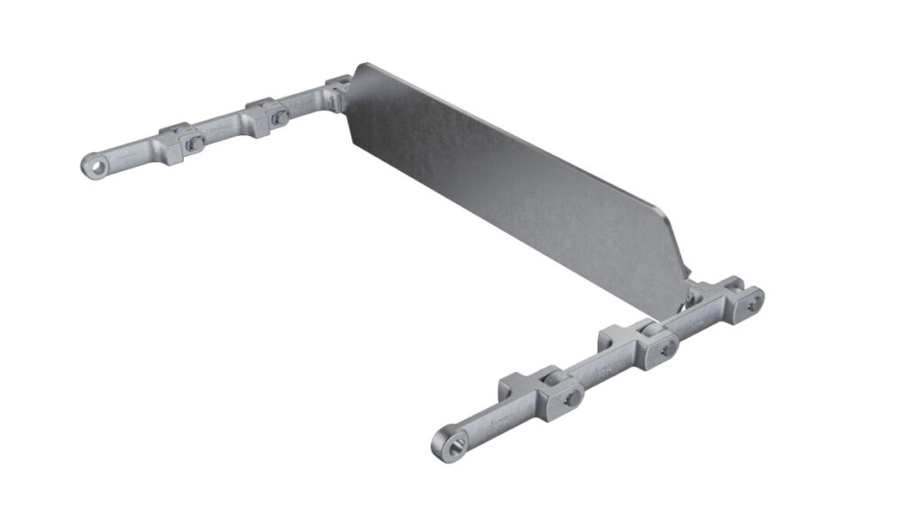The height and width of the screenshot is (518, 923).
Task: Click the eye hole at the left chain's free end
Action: point(92,165)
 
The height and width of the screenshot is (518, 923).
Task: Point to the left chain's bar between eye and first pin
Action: point(131,157)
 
